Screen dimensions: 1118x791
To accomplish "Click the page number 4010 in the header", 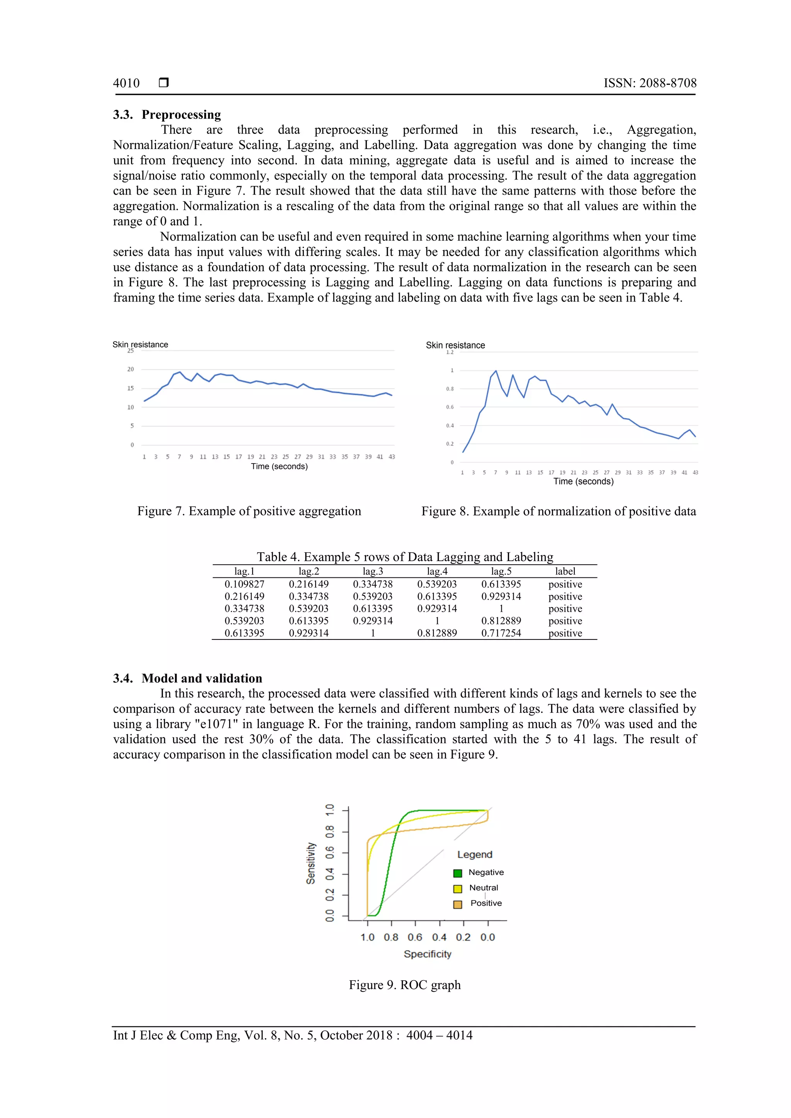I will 126,83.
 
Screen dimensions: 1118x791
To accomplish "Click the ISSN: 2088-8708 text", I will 650,83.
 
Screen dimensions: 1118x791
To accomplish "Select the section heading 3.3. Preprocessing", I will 167,115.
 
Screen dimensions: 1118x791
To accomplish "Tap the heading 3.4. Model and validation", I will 187,678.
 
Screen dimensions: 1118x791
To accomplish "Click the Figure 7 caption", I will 249,511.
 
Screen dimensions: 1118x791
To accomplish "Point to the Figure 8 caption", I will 558,511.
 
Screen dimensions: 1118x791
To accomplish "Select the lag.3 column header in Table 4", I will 373,572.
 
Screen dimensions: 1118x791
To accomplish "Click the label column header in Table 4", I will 565,572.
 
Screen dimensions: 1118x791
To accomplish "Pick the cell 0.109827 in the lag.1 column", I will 244,584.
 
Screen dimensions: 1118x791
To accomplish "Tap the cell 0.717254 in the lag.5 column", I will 501,633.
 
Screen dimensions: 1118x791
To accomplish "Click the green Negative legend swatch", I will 457,873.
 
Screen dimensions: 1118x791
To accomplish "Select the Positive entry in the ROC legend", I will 485,903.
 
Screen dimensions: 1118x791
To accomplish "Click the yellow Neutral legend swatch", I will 457,889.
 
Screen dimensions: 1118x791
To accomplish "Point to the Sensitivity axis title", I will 311,863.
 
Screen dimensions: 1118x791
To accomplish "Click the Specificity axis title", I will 428,954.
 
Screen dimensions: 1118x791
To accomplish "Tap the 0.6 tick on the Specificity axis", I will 415,937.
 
